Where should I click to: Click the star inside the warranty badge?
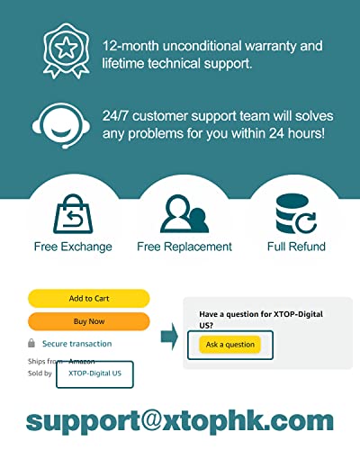67,48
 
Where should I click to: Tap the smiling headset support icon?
61,125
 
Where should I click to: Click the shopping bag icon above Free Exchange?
73,214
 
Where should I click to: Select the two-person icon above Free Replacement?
184,214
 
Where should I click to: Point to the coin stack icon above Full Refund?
296,214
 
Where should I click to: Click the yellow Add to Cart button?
89,299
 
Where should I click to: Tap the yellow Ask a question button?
230,345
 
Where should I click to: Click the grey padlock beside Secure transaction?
31,343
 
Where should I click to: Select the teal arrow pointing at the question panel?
169,337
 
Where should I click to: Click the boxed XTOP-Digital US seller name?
94,373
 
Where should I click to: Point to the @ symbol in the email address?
152,419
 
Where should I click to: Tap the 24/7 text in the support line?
115,116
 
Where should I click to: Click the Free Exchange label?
73,247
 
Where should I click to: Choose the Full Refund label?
296,247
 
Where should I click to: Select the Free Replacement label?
184,247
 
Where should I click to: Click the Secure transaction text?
76,344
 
